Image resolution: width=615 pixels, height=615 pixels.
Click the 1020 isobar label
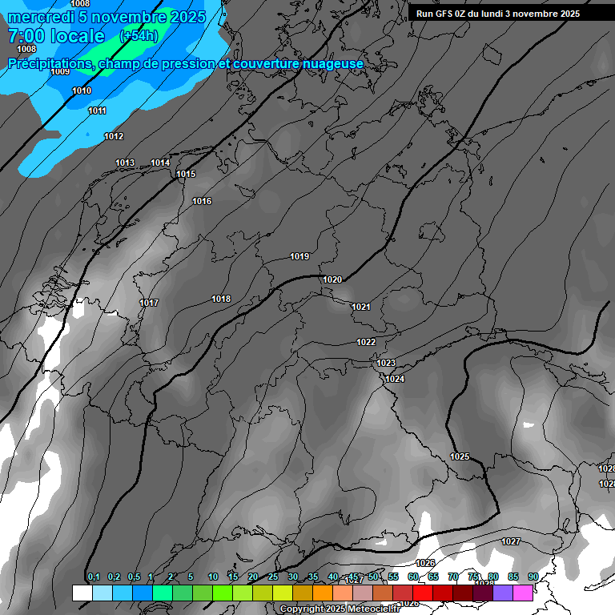tap(332, 279)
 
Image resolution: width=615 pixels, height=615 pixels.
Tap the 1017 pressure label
tap(149, 303)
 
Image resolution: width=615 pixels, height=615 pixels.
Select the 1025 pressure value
tap(460, 456)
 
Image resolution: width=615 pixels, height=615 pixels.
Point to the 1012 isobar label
tap(114, 136)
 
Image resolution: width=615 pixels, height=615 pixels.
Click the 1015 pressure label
tap(186, 174)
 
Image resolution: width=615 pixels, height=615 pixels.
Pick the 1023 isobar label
tap(386, 363)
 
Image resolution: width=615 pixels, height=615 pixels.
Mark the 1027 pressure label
tap(511, 541)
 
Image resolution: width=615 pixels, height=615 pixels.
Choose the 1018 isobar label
tap(221, 299)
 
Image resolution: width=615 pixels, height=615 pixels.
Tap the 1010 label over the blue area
tap(82, 90)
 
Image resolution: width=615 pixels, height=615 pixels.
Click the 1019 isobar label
tap(299, 256)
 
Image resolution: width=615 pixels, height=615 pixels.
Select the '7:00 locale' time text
tap(56, 36)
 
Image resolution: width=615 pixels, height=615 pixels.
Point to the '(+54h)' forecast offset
tap(139, 36)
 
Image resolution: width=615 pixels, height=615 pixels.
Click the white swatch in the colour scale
tap(82, 593)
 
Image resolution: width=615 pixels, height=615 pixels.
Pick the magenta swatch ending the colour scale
tap(523, 593)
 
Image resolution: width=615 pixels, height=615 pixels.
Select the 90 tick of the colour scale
tap(533, 577)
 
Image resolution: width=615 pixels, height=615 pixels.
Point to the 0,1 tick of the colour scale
tap(93, 577)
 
